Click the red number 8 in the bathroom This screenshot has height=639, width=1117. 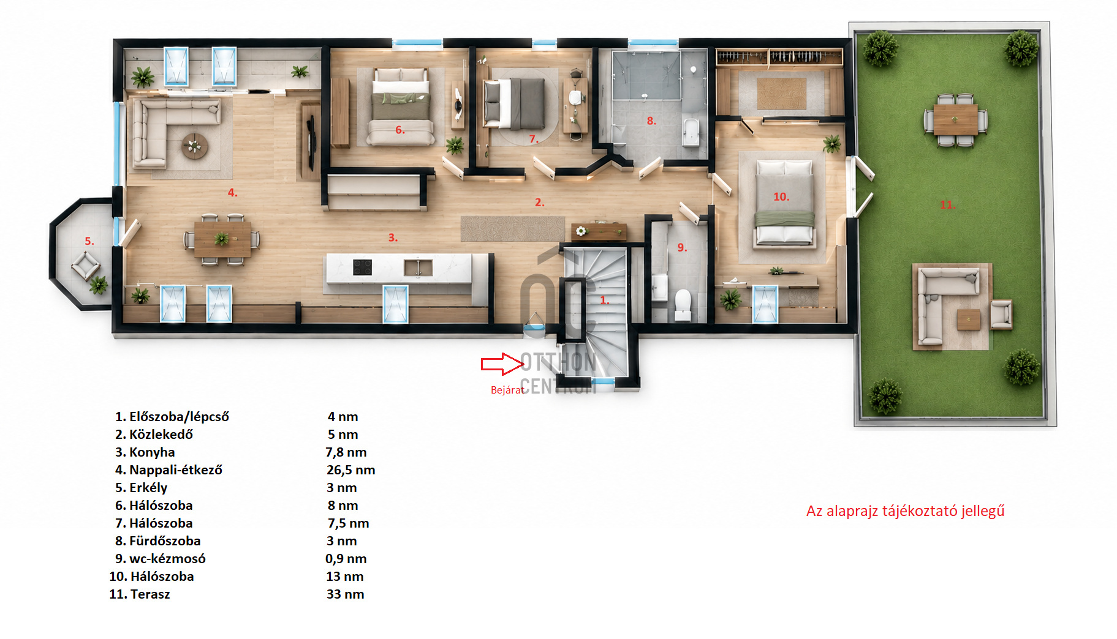[x=651, y=121]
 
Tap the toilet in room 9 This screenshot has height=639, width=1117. [x=683, y=304]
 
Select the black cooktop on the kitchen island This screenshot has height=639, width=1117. [x=362, y=267]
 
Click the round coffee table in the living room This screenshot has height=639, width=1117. [x=195, y=146]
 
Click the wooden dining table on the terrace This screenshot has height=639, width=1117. [x=955, y=119]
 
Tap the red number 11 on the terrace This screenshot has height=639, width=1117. [x=947, y=205]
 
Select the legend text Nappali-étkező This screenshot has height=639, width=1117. [x=176, y=470]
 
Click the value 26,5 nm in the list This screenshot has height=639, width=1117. [x=350, y=470]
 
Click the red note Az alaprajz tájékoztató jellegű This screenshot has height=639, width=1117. [x=905, y=511]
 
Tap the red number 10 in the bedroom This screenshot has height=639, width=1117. [x=781, y=197]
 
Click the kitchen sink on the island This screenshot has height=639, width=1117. [x=418, y=267]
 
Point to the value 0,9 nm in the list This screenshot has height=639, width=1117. [x=346, y=559]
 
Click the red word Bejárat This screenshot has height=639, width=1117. [x=507, y=390]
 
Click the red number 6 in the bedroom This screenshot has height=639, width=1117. [x=399, y=130]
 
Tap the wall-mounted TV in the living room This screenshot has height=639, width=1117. [x=311, y=142]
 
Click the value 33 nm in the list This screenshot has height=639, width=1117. [x=345, y=594]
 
